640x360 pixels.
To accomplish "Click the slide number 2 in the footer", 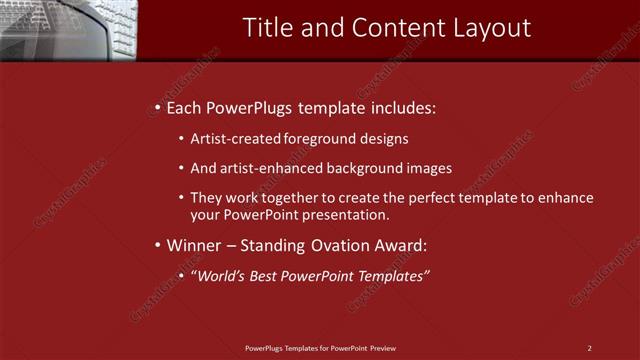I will (590, 348).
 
